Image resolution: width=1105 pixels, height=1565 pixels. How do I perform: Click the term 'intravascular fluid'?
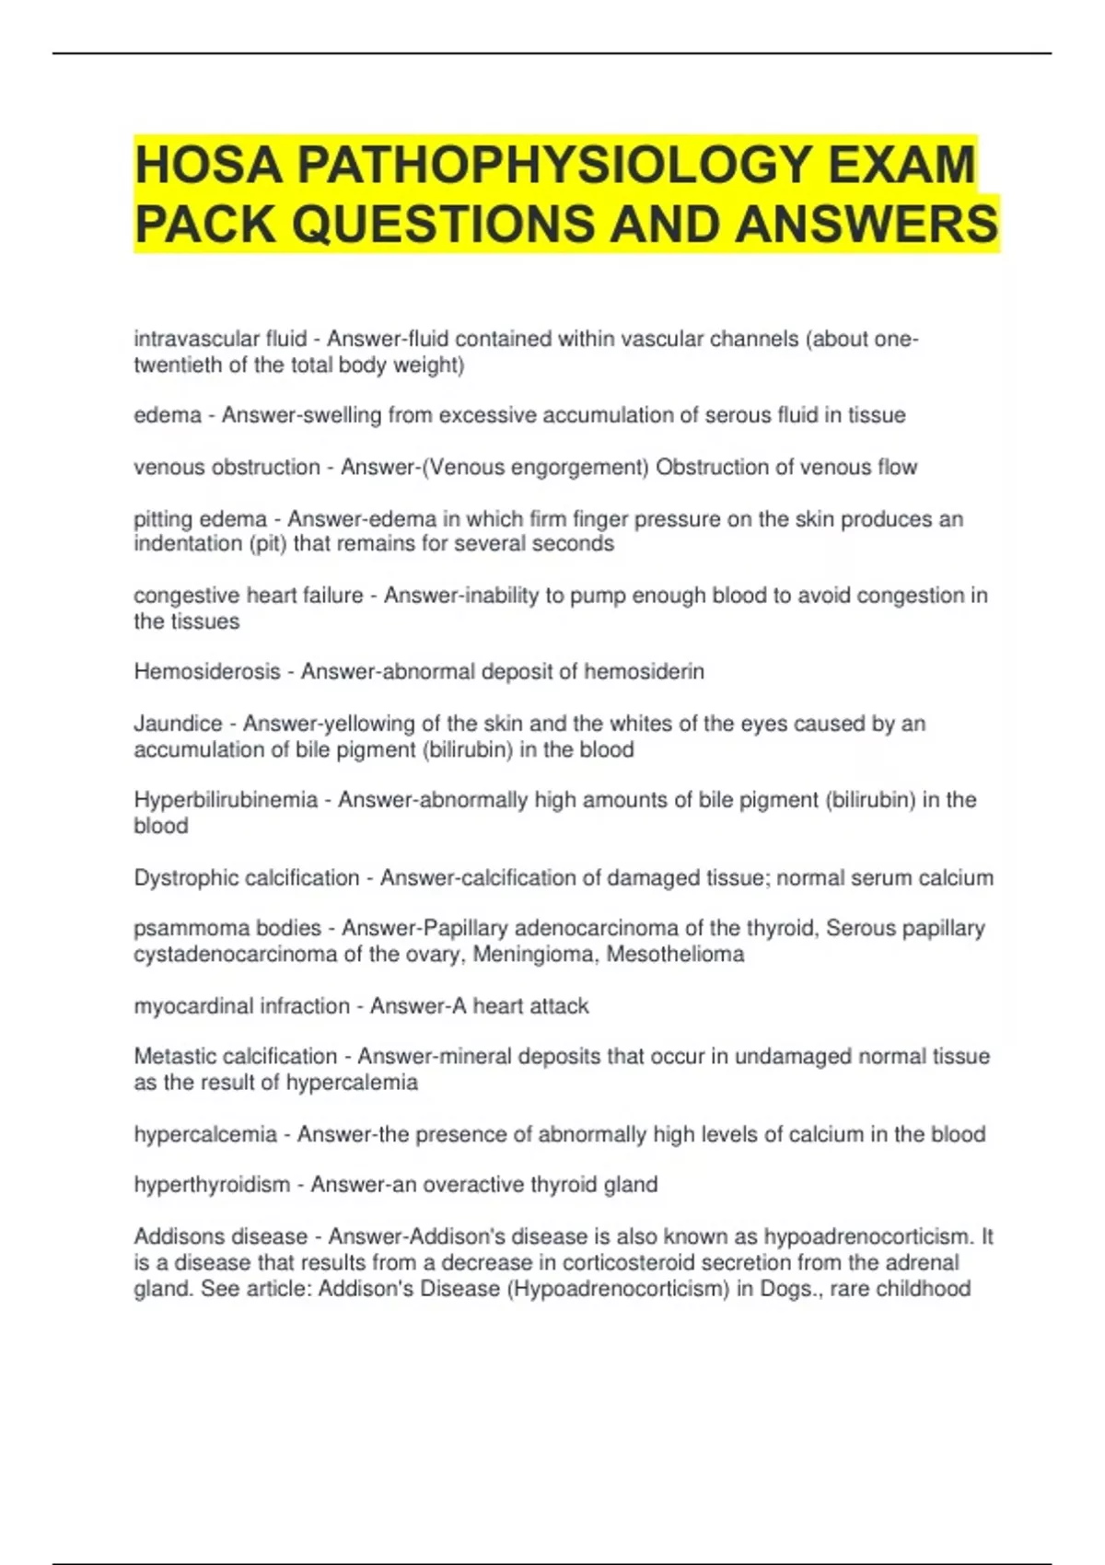220,339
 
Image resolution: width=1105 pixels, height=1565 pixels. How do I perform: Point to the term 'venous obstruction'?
227,467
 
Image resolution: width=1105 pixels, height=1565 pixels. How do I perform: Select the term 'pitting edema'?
200,519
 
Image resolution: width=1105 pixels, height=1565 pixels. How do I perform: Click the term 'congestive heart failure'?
249,596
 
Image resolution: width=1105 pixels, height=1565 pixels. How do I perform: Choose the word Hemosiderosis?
207,672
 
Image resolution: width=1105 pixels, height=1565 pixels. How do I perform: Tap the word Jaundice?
178,724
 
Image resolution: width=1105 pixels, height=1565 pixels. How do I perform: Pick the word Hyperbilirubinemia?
226,800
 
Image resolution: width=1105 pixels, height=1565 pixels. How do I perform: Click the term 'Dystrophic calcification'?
247,877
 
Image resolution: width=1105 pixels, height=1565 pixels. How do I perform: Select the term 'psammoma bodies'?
227,928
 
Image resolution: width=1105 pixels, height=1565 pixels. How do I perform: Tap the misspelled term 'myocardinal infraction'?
241,1006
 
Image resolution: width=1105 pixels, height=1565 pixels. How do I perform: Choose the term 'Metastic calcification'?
236,1056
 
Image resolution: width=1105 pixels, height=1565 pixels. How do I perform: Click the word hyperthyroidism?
212,1185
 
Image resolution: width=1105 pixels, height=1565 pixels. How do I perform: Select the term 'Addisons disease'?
221,1236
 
